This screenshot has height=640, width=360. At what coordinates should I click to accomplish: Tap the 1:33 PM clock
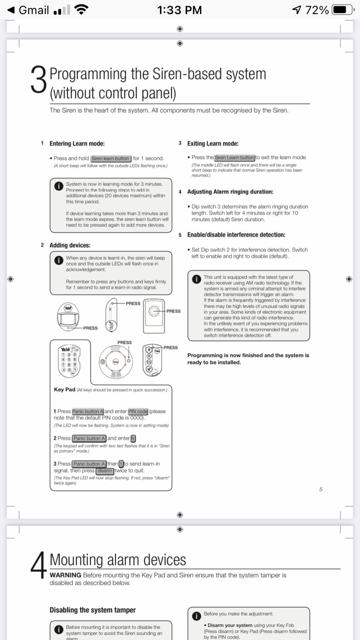pos(179,10)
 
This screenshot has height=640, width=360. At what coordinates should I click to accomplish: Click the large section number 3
pos(39,80)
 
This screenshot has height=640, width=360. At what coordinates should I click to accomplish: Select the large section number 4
pos(39,565)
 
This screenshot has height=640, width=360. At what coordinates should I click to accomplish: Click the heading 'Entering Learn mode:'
pos(77,144)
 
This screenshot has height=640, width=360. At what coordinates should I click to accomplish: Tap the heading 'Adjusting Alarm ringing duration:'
pos(230,192)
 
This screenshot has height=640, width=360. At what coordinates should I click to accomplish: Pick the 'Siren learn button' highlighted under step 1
pos(110,158)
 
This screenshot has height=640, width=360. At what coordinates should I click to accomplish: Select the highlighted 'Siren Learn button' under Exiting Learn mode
pos(234,158)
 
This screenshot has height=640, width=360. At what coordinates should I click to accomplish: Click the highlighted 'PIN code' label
pos(138,411)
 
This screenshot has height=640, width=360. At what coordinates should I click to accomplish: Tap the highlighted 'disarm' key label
pos(105,471)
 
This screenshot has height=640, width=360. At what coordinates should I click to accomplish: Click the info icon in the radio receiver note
pos(196,279)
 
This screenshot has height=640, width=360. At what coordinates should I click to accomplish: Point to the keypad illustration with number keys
pos(69,361)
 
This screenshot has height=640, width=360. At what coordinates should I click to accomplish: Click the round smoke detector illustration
pos(116,361)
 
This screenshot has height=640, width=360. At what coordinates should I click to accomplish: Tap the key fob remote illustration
pos(152,360)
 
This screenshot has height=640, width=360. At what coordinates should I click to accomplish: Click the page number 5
pos(320,489)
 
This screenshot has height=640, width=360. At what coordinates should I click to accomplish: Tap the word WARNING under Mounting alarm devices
pos(65,575)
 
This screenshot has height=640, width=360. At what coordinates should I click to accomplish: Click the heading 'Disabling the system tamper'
pos(92,610)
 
